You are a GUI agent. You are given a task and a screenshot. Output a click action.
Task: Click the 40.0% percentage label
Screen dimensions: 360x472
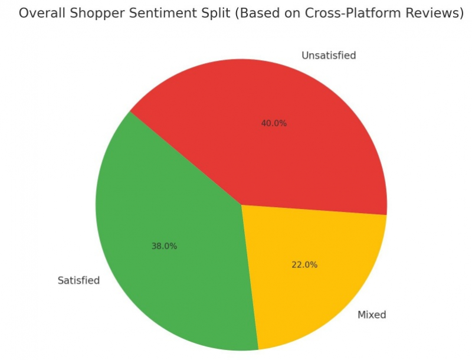274,123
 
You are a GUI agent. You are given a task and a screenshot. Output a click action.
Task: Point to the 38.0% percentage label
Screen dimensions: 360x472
164,246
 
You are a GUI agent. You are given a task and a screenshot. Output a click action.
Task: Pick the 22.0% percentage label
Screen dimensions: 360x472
304,265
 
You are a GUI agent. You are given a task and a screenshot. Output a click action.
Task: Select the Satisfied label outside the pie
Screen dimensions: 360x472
78,280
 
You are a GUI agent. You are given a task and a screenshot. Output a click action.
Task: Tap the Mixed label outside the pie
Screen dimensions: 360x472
372,315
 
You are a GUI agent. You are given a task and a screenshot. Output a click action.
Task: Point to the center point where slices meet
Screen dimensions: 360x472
241,205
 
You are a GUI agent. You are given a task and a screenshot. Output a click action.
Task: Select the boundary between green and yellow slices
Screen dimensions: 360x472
250,277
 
